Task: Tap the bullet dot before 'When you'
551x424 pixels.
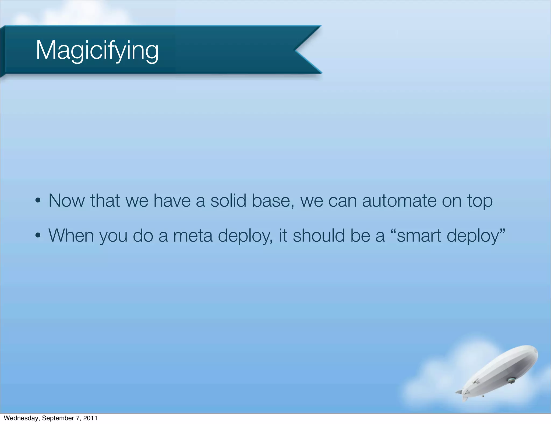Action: click(x=38, y=235)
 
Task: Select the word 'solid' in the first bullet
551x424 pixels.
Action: click(x=228, y=201)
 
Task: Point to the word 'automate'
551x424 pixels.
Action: click(x=399, y=201)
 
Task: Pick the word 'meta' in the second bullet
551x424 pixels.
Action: click(x=193, y=236)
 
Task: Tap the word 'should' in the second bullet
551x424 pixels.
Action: click(x=319, y=235)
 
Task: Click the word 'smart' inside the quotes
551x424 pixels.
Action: click(x=419, y=236)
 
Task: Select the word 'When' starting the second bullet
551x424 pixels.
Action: click(x=71, y=235)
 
